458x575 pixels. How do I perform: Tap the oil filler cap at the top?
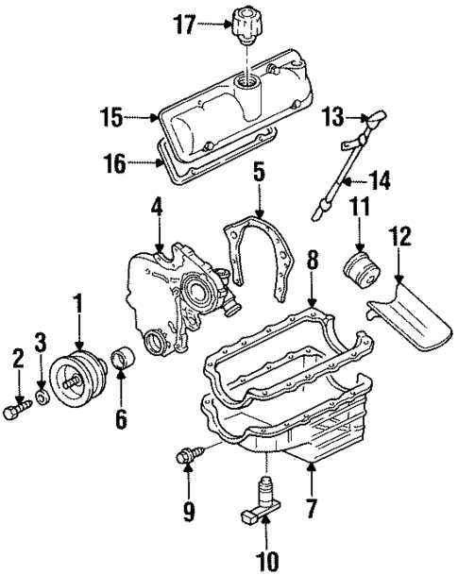pos(245,25)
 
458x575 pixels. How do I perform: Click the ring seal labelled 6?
pos(123,361)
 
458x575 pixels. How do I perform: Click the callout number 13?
pos(332,117)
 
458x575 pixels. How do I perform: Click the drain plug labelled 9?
pos(188,458)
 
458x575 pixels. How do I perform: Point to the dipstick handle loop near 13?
pos(371,122)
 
